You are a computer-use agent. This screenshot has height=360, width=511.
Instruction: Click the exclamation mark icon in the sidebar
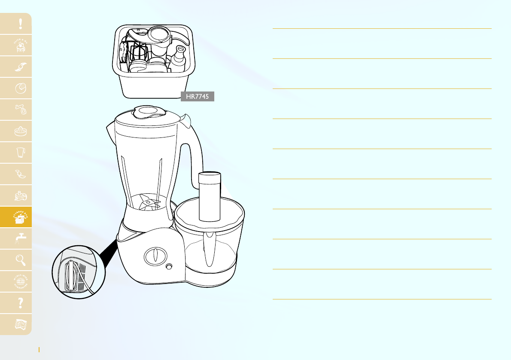21,24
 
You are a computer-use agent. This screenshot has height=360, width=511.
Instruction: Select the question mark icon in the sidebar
21,303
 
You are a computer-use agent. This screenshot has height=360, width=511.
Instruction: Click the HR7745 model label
197,97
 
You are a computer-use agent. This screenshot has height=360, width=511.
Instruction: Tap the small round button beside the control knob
169,266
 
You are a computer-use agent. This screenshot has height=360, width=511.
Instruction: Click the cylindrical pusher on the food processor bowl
209,197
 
